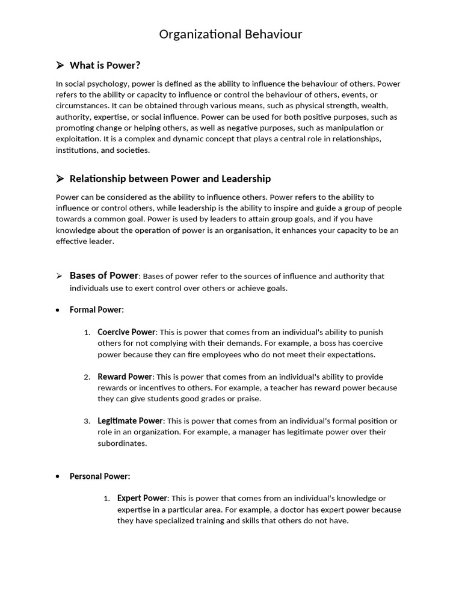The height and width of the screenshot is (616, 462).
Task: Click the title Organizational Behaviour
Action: (230, 34)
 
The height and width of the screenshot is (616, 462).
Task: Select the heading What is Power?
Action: (105, 65)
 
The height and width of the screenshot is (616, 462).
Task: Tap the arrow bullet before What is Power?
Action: (60, 65)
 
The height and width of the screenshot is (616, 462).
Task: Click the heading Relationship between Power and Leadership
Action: (170, 179)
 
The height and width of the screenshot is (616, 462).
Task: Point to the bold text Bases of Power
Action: (104, 276)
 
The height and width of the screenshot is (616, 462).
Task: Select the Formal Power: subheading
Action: (97, 310)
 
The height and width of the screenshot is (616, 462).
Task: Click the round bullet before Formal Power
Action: (57, 310)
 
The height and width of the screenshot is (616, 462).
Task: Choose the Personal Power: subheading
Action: (100, 476)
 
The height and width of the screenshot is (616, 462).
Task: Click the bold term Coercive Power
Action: (126, 332)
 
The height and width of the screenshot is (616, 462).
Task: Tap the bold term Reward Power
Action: (125, 377)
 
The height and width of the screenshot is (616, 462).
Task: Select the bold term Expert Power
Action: (143, 498)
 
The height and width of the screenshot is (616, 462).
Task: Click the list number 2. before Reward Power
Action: (87, 377)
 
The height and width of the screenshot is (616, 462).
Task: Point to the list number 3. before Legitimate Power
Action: (87, 421)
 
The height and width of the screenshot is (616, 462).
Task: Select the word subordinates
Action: (122, 443)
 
